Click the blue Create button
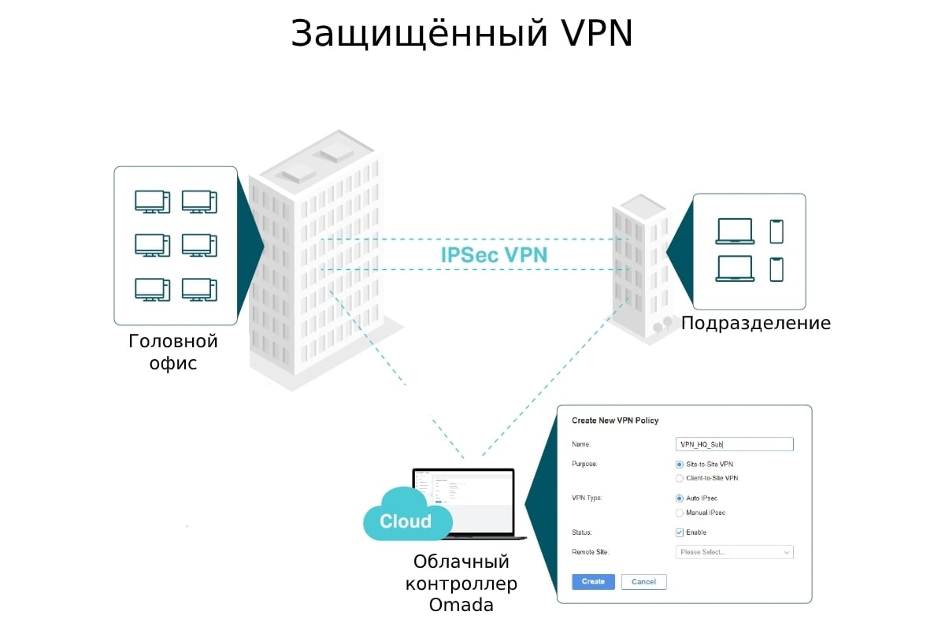[593, 582]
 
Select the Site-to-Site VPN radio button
[680, 464]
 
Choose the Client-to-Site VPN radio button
[680, 478]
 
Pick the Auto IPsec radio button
[680, 498]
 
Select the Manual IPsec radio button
[680, 513]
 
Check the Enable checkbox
[680, 532]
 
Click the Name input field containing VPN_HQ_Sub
[734, 444]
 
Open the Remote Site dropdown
[734, 552]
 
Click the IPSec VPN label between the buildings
[494, 255]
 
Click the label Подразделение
[756, 323]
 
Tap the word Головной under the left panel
[173, 342]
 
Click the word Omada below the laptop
[461, 605]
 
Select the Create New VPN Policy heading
[615, 421]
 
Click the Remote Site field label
[591, 552]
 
